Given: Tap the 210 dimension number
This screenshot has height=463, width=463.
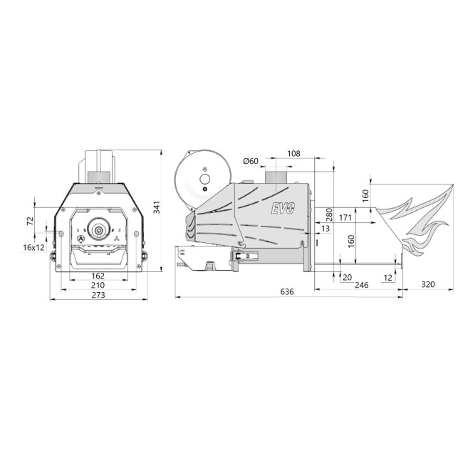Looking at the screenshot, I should (x=98, y=286).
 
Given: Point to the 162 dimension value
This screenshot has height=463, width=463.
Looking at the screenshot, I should (x=98, y=276).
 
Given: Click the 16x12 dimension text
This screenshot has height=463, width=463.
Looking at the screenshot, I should (x=33, y=247).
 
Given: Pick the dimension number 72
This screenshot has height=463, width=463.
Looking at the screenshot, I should (x=31, y=222).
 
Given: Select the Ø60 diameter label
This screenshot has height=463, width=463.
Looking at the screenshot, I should (x=250, y=161).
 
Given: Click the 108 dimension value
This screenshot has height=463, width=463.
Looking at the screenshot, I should (x=294, y=154).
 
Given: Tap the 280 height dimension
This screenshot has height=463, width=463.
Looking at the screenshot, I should (x=328, y=214).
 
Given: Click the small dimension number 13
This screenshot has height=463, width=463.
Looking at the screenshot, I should (x=325, y=229).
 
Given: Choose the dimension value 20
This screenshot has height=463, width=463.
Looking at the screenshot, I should (x=347, y=277).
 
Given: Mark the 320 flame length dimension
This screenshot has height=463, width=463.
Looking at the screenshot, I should (x=427, y=286).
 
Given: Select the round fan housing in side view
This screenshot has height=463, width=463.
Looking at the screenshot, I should (x=203, y=178).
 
